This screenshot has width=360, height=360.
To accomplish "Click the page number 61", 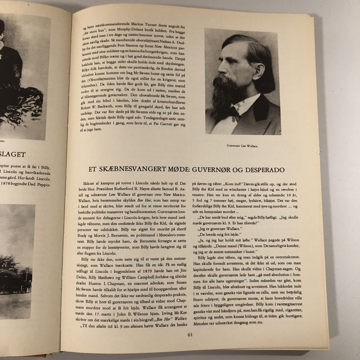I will [x=190, y=336].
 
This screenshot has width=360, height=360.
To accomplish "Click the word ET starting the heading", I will [x=85, y=169].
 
